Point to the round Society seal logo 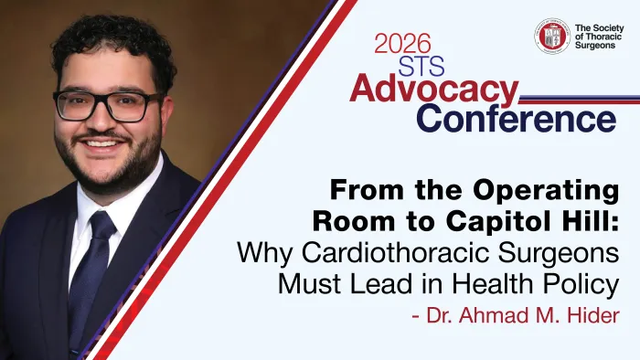pos(550,36)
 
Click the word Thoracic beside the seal pos(600,37)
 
